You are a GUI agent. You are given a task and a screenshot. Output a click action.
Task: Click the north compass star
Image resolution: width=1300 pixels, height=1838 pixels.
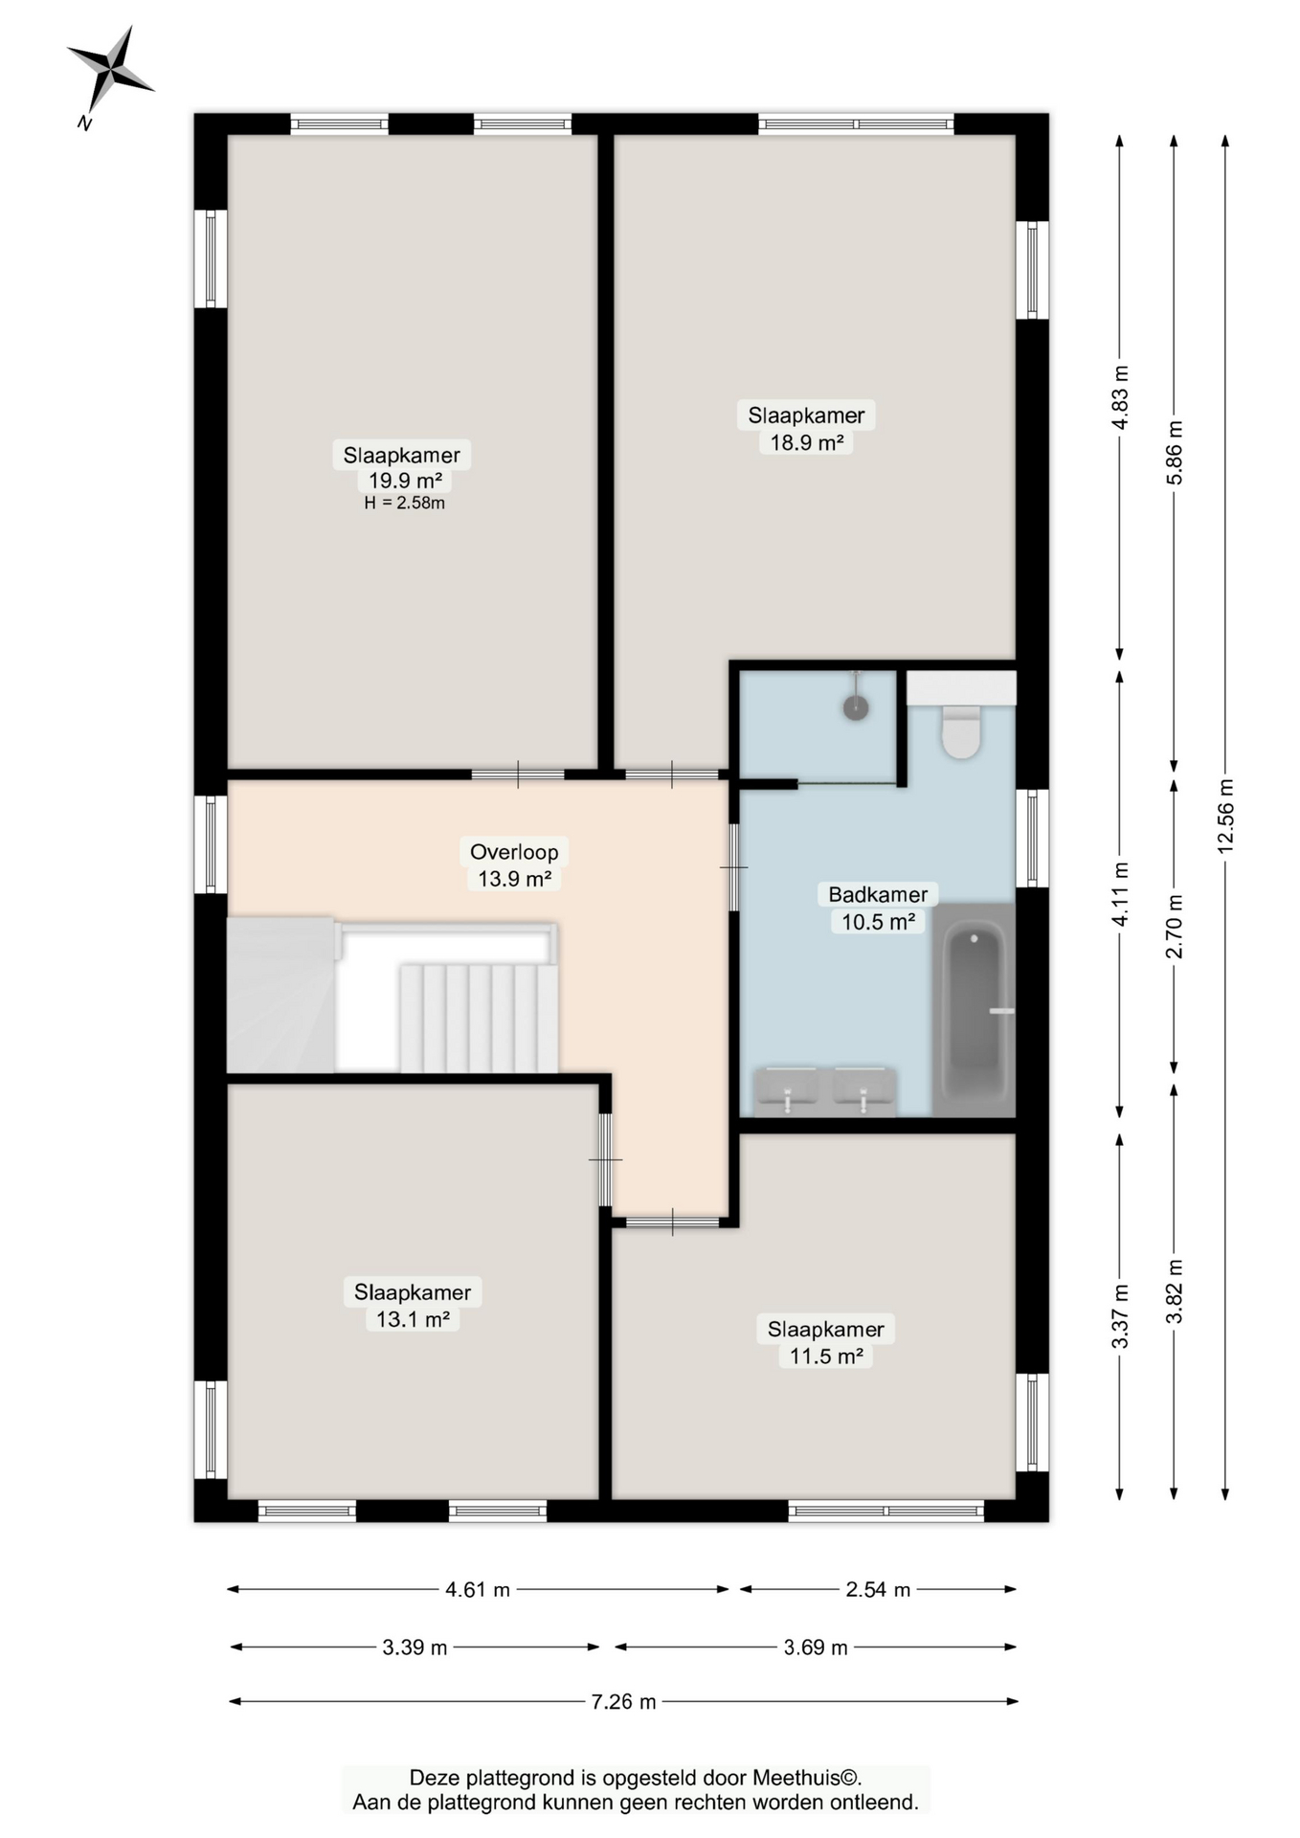(111, 70)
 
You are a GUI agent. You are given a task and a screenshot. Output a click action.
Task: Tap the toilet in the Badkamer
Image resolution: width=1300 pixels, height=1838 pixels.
(960, 732)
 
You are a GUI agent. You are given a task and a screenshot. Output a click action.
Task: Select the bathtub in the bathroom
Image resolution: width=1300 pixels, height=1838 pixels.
(974, 1010)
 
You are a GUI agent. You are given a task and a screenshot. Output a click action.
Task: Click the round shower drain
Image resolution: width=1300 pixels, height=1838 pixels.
(855, 708)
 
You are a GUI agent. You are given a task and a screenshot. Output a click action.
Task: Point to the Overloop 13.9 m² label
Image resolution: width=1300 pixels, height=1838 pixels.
(514, 864)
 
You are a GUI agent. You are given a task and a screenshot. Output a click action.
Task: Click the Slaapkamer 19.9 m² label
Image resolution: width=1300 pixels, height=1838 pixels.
(402, 467)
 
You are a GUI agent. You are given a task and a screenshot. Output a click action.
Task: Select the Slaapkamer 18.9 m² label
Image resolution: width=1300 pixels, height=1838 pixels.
(806, 428)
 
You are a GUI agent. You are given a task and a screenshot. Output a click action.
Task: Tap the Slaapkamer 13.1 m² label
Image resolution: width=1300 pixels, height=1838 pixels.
(413, 1305)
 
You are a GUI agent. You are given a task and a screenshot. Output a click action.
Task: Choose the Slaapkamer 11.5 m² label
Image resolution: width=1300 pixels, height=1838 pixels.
(826, 1342)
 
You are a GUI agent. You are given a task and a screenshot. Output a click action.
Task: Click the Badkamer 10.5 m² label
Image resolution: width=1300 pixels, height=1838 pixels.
(878, 908)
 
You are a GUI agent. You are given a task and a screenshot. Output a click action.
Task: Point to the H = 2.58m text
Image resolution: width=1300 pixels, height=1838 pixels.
(404, 504)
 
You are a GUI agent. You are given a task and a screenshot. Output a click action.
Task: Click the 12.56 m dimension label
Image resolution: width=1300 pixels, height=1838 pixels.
(1225, 816)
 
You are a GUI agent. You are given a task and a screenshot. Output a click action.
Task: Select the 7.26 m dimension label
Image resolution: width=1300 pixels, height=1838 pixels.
(623, 1701)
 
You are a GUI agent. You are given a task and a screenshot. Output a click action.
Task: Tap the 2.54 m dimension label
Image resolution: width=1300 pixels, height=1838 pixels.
(877, 1589)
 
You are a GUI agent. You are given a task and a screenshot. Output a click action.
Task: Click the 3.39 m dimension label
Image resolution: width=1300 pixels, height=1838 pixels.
(415, 1647)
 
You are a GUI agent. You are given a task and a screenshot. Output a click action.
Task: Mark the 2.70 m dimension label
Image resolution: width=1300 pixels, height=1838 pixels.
(1174, 926)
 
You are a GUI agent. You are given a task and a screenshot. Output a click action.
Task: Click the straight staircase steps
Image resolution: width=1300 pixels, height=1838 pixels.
(479, 1018)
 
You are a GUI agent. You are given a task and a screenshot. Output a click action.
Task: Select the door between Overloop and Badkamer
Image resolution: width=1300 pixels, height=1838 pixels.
(734, 867)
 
